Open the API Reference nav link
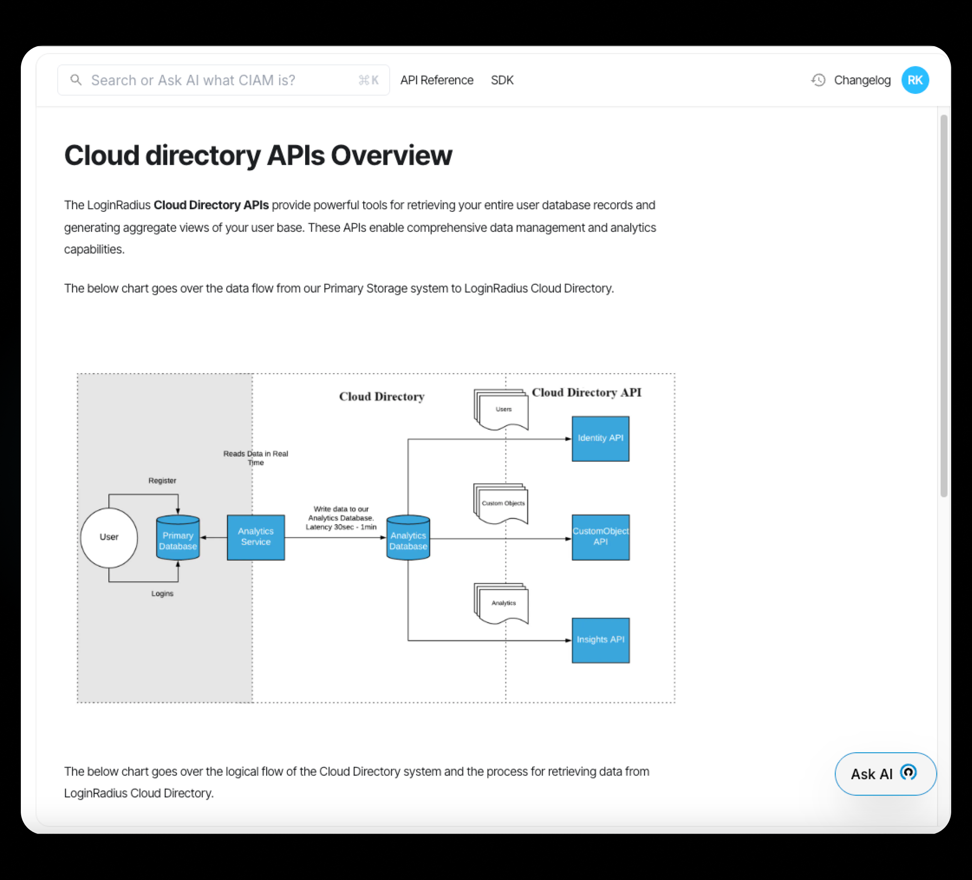pyautogui.click(x=436, y=80)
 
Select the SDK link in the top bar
pyautogui.click(x=502, y=80)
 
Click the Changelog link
pyautogui.click(x=862, y=80)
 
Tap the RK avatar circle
pyautogui.click(x=915, y=80)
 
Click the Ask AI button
pyautogui.click(x=885, y=773)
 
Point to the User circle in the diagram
pyautogui.click(x=109, y=537)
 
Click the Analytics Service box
pyautogui.click(x=255, y=537)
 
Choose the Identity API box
pyautogui.click(x=600, y=438)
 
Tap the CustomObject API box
pyautogui.click(x=600, y=537)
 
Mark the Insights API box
pyautogui.click(x=600, y=640)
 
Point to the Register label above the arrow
pyautogui.click(x=162, y=481)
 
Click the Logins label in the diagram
pyautogui.click(x=162, y=594)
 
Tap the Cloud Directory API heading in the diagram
pyautogui.click(x=586, y=392)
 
